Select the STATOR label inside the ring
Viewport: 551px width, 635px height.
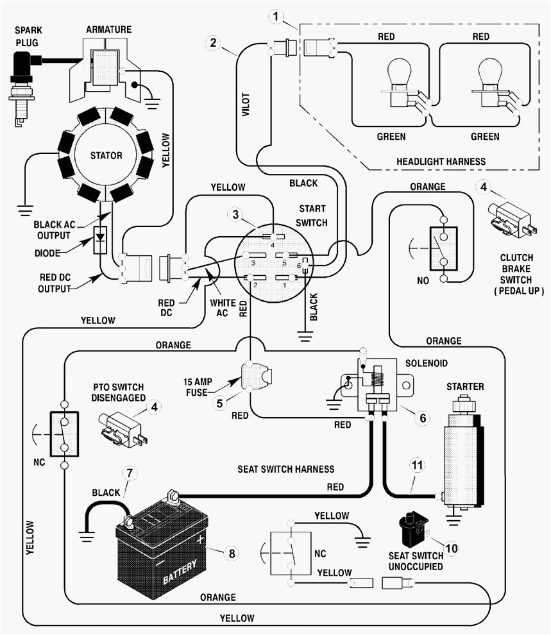(106, 155)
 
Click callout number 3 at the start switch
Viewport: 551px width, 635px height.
(236, 214)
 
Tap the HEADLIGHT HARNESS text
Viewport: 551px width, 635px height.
(441, 161)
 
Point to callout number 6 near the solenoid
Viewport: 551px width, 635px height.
(422, 418)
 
